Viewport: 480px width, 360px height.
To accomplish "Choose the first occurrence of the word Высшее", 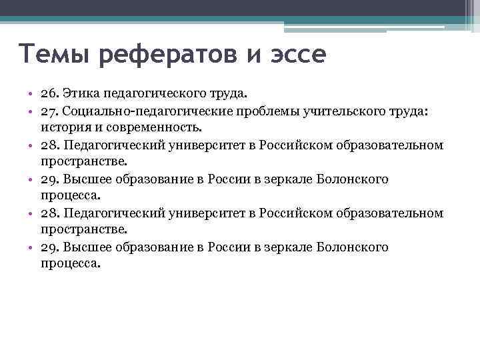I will coord(88,179).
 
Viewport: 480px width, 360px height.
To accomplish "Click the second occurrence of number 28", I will coord(49,213).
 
